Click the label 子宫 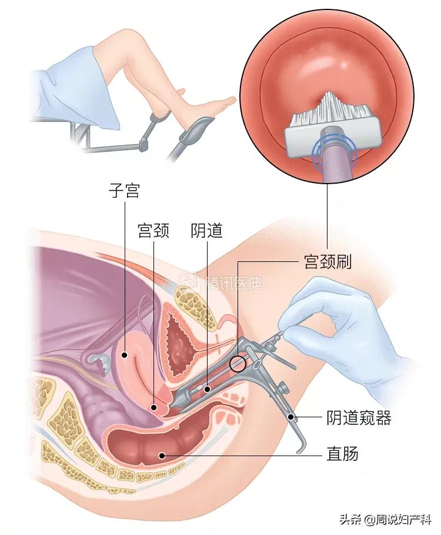tap(125, 191)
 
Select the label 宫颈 tap(153, 230)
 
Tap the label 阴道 tap(206, 230)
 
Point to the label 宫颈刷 tap(327, 262)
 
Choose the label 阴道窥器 tap(359, 417)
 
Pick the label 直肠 tap(342, 454)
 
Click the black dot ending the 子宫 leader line tap(125, 355)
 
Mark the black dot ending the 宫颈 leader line tap(154, 407)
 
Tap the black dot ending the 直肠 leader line tap(162, 455)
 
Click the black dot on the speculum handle tap(291, 417)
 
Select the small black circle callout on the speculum tap(238, 363)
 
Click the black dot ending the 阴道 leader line tap(207, 388)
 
